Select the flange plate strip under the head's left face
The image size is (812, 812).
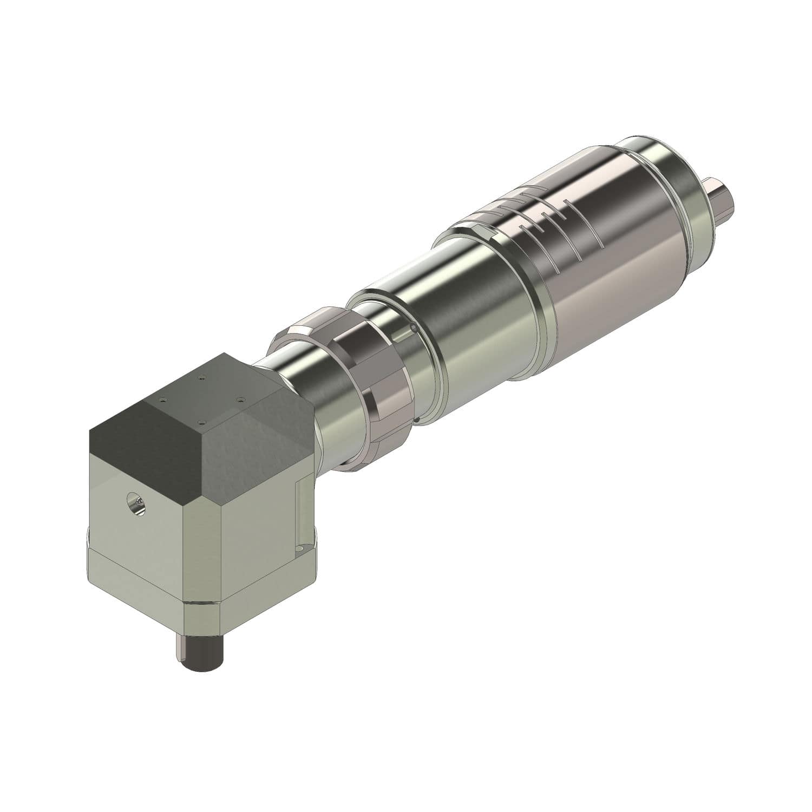[135, 563]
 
